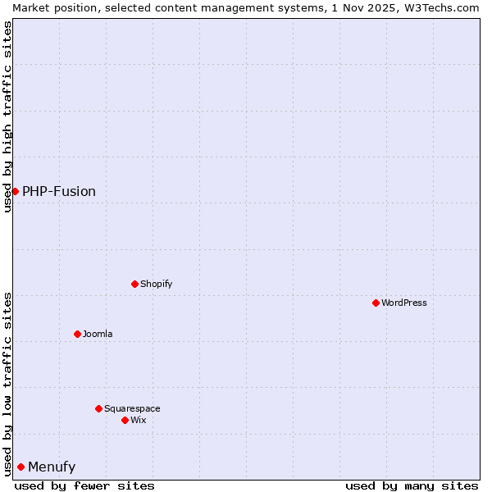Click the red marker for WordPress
coord(376,303)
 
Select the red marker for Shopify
coord(134,284)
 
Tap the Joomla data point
coord(77,334)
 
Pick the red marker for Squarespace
coord(98,408)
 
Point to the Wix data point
coord(125,420)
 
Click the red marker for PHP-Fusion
coord(15,191)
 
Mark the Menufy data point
coord(20,467)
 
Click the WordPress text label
coord(404,303)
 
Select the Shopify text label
coord(157,284)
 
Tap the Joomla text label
coord(98,334)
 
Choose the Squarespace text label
coord(132,408)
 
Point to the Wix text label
coord(139,420)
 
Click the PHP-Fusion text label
coord(59,191)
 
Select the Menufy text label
coord(52,467)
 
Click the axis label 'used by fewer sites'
coord(84,485)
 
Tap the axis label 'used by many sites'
coord(412,485)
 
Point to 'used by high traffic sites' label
coord(7,116)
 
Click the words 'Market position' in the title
coord(51,7)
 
